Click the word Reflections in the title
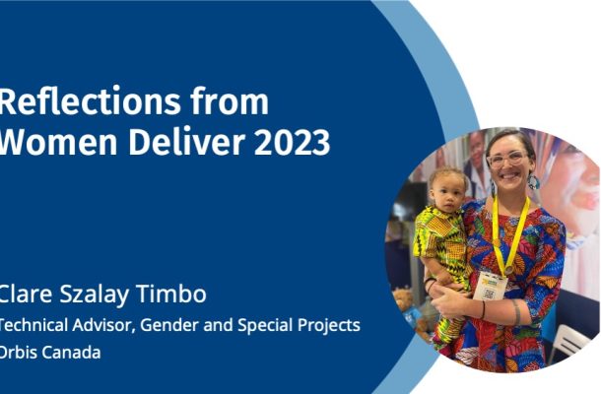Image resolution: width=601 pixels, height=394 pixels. point(90,101)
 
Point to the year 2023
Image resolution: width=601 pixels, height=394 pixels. point(292,142)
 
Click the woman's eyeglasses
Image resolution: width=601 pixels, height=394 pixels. point(507,159)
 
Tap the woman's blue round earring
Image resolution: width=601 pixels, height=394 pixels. point(533,181)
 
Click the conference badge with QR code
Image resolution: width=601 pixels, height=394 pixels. point(490,287)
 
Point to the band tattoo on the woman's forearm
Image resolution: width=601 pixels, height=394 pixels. point(516,312)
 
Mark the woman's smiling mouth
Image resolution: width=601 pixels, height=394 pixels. point(510,176)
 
